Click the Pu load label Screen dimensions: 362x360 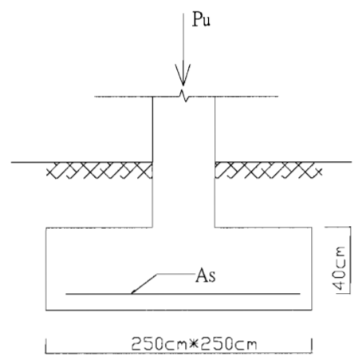point(201,19)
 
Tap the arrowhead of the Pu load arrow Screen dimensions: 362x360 point(183,75)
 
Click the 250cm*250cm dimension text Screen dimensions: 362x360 point(195,343)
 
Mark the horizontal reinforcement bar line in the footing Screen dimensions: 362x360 point(183,294)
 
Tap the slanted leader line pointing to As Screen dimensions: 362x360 point(144,283)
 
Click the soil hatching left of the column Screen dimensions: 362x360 point(100,170)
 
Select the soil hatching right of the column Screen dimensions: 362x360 point(269,170)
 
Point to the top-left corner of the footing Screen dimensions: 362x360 point(46,227)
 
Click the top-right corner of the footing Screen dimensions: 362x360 point(312,227)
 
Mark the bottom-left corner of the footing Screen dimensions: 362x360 point(46,310)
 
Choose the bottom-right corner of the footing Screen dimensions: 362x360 point(312,310)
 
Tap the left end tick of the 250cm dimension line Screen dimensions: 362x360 point(45,346)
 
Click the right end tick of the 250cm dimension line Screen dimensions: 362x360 point(312,346)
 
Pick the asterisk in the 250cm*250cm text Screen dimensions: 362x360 point(195,344)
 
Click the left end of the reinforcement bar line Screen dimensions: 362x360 point(66,294)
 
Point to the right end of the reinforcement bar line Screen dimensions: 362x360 point(300,294)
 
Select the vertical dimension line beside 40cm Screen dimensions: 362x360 point(350,260)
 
